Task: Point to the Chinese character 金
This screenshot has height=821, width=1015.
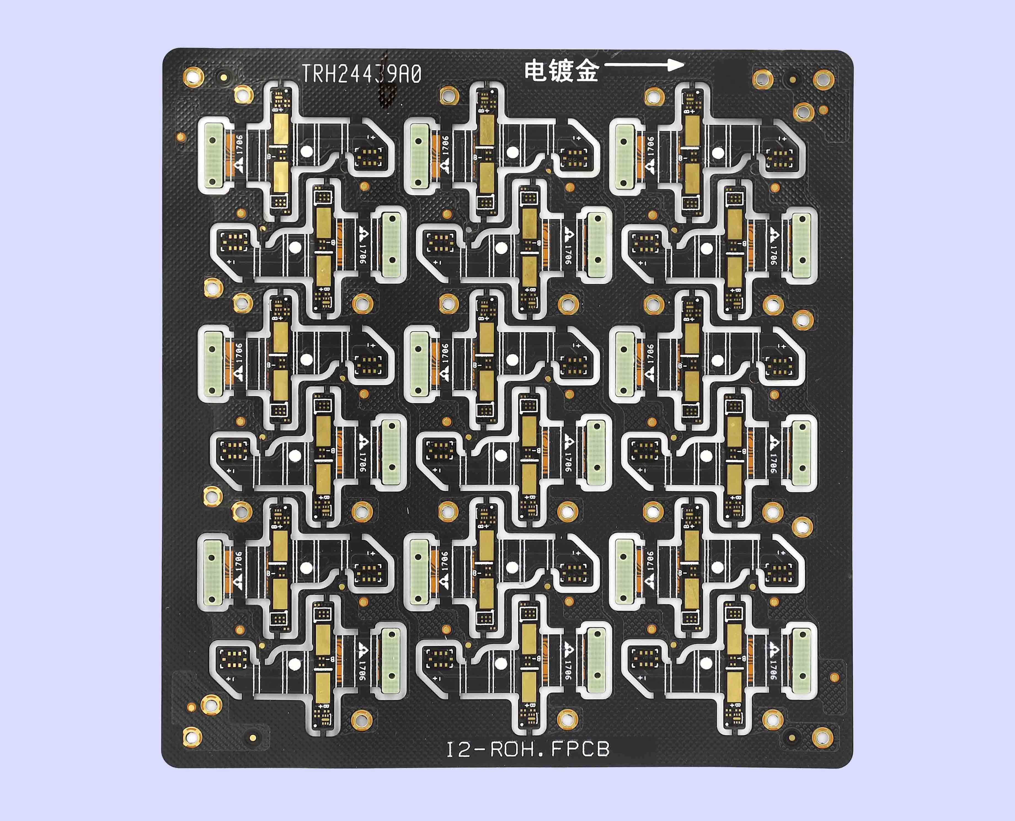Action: click(587, 71)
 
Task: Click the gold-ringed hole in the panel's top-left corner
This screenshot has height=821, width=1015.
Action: click(193, 77)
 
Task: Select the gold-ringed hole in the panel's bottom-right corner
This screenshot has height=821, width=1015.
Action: click(822, 737)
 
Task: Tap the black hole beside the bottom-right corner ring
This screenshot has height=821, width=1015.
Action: click(792, 736)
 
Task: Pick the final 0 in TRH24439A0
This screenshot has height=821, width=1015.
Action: click(416, 74)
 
